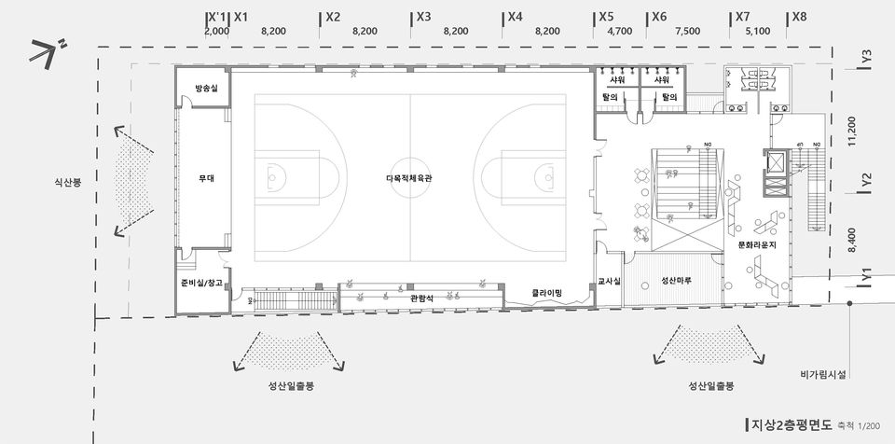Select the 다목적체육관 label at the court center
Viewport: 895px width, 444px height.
pyautogui.click(x=410, y=177)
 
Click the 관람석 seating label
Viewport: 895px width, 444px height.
pyautogui.click(x=421, y=298)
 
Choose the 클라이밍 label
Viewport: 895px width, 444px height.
pyautogui.click(x=547, y=292)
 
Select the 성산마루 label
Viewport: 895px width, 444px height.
pyautogui.click(x=676, y=280)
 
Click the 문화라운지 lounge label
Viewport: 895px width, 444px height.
pyautogui.click(x=757, y=244)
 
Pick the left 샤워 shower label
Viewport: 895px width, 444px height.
pyautogui.click(x=617, y=80)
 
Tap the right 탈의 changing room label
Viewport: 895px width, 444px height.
pyautogui.click(x=668, y=96)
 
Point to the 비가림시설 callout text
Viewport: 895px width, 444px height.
pyautogui.click(x=822, y=375)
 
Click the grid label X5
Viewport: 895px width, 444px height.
pyautogui.click(x=607, y=17)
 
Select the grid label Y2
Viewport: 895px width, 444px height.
pyautogui.click(x=867, y=178)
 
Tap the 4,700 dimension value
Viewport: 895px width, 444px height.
pyautogui.click(x=619, y=31)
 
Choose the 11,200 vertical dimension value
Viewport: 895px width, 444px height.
pyautogui.click(x=851, y=131)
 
